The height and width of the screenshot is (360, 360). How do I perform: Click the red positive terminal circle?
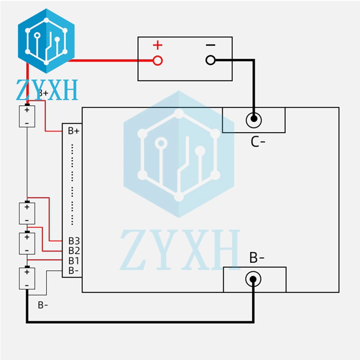[x=158, y=60]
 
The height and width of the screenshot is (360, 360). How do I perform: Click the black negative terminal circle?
[x=211, y=60]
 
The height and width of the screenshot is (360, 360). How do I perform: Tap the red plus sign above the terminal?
[x=158, y=46]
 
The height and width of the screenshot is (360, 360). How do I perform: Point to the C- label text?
[x=258, y=142]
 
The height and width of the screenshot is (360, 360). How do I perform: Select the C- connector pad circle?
[x=254, y=120]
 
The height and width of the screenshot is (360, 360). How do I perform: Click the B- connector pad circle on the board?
[x=253, y=279]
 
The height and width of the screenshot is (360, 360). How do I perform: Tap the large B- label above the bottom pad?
[x=257, y=258]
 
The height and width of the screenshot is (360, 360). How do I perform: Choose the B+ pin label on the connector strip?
[x=73, y=131]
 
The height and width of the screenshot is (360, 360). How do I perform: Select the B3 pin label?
[x=73, y=241]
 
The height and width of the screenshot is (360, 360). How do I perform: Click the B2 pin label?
[x=73, y=250]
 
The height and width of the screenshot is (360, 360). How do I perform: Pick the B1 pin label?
[x=73, y=261]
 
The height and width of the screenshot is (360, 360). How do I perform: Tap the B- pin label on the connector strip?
[x=73, y=270]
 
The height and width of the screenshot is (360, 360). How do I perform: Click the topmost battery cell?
[x=27, y=116]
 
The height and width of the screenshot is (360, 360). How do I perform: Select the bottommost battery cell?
[x=27, y=278]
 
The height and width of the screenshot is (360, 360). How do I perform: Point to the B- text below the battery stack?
[x=43, y=305]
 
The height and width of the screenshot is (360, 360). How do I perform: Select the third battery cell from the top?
[x=27, y=243]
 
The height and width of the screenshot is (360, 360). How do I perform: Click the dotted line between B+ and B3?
[x=73, y=184]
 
